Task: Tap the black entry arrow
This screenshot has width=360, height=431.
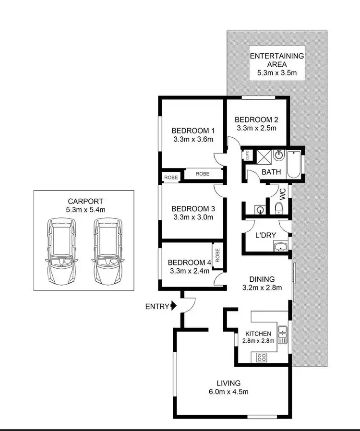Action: click(x=173, y=306)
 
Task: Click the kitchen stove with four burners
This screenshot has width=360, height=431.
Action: click(x=262, y=357)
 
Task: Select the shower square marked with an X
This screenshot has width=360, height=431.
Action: click(x=264, y=156)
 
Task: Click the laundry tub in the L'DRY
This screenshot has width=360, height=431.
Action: click(x=280, y=247)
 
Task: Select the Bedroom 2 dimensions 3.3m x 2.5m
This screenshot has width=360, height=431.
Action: click(x=257, y=128)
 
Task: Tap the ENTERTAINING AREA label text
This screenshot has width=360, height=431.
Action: click(x=277, y=60)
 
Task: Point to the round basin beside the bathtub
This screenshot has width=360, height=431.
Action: click(x=278, y=156)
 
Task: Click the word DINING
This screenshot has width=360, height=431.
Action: click(x=262, y=279)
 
